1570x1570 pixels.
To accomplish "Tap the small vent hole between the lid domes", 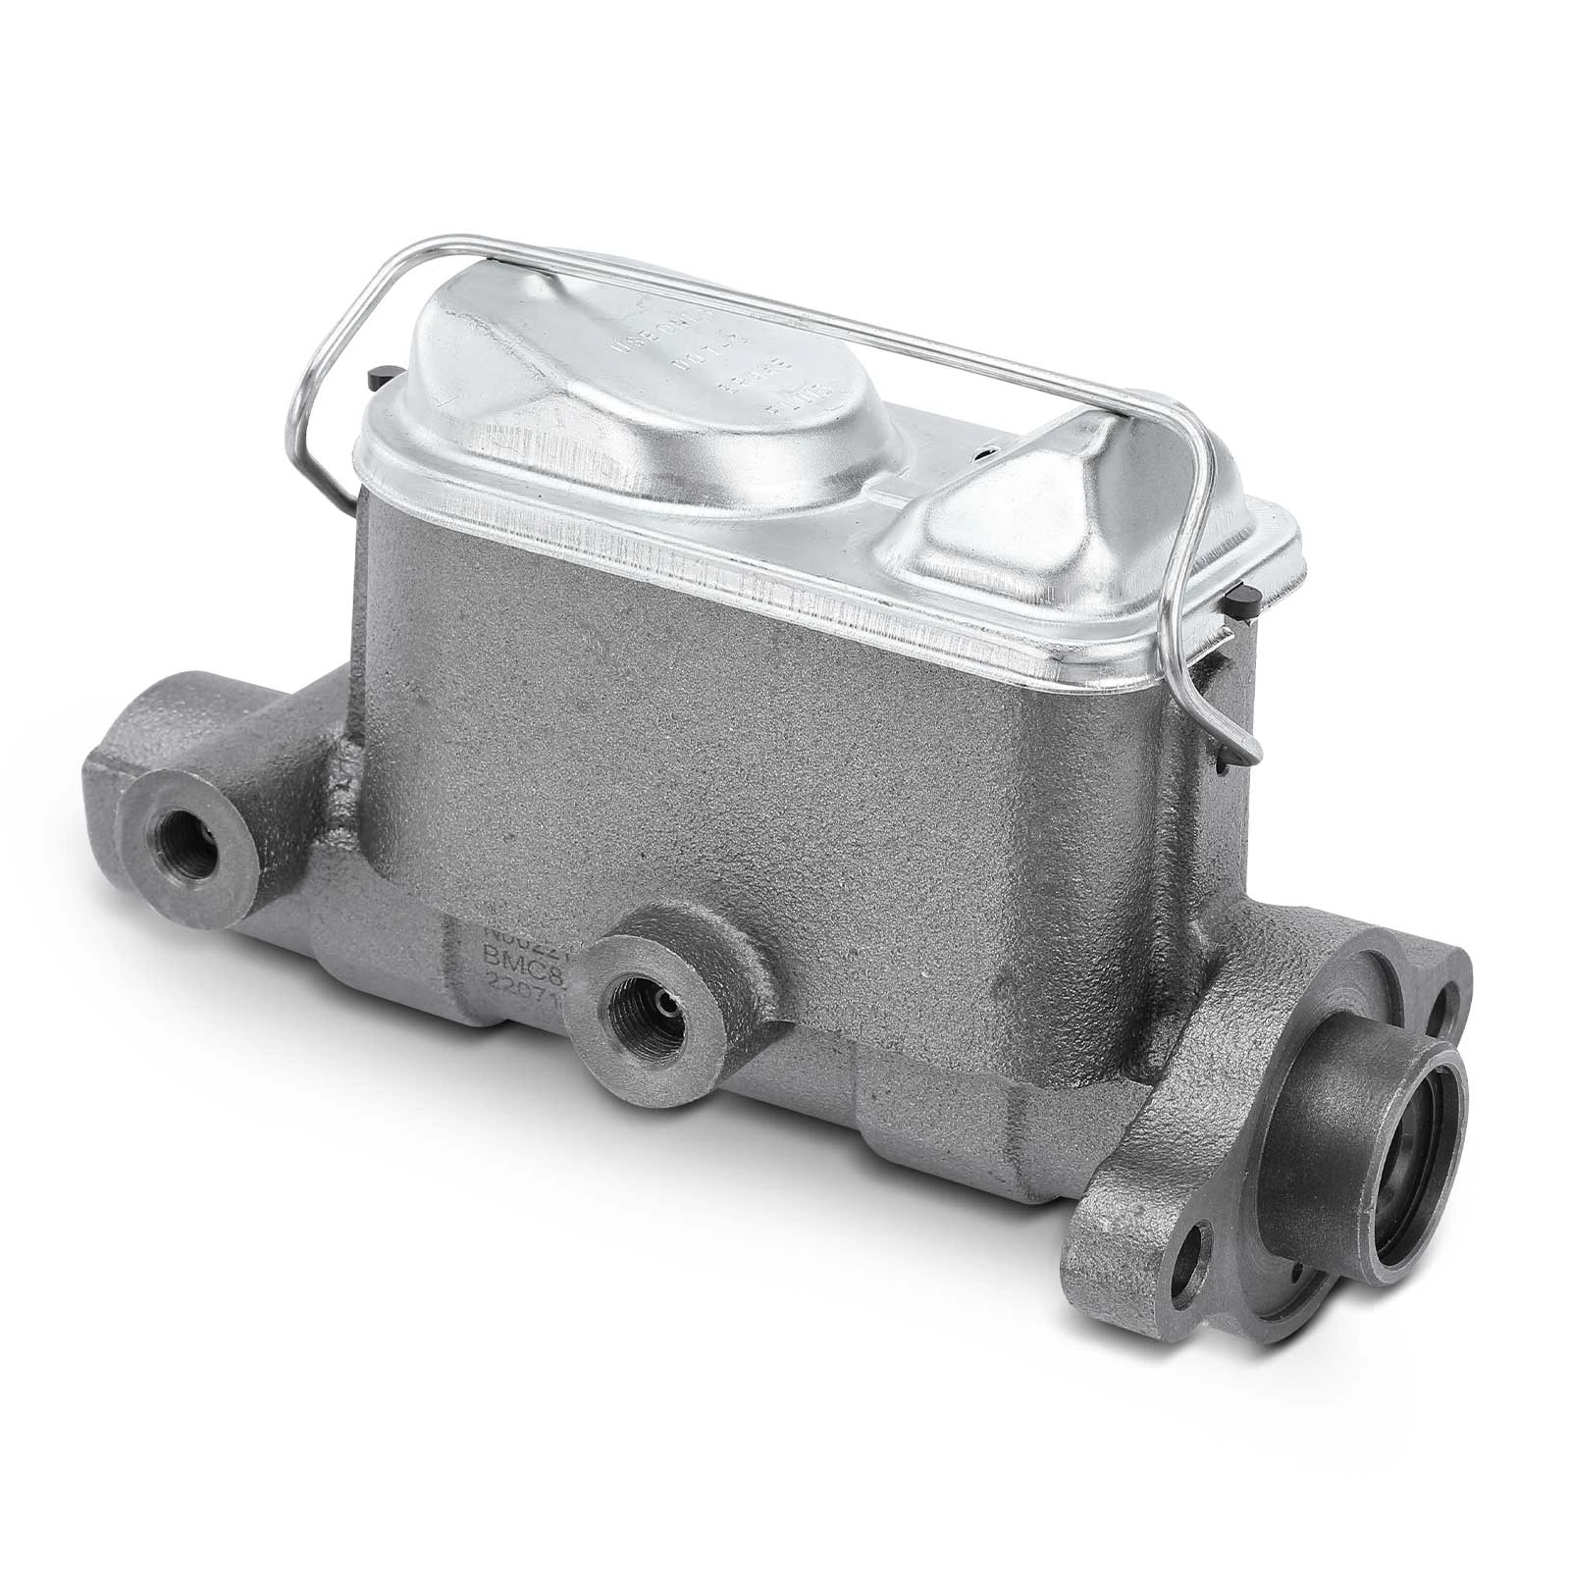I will coord(982,453).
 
